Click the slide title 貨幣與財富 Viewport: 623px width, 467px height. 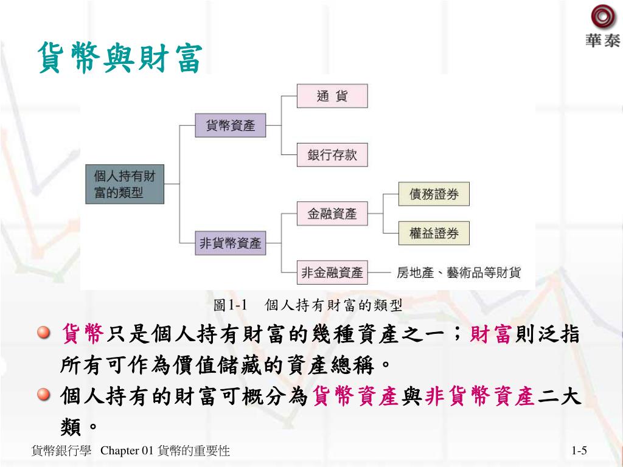pyautogui.click(x=119, y=58)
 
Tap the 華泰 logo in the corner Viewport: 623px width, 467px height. pyautogui.click(x=602, y=27)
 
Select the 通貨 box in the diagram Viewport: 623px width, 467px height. pyautogui.click(x=332, y=96)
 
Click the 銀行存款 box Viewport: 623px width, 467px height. pyautogui.click(x=332, y=154)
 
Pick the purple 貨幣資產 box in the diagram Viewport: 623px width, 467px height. pyautogui.click(x=231, y=126)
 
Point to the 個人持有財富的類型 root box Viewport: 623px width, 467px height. pyautogui.click(x=125, y=184)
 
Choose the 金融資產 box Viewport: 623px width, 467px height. pyautogui.click(x=332, y=213)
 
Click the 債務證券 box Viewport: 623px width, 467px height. pyautogui.click(x=434, y=195)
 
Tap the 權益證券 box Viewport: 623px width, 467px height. pyautogui.click(x=434, y=233)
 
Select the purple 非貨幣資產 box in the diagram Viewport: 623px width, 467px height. pyautogui.click(x=231, y=244)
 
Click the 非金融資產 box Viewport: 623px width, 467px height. pyautogui.click(x=332, y=272)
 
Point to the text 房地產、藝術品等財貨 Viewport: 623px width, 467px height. pyautogui.click(x=459, y=273)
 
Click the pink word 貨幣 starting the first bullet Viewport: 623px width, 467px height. pyautogui.click(x=82, y=334)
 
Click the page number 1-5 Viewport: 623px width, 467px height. pyautogui.click(x=579, y=451)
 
